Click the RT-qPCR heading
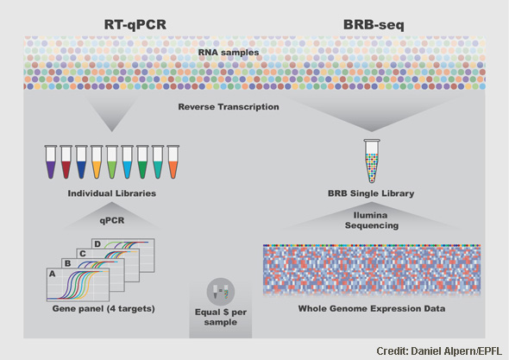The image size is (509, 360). tap(135, 25)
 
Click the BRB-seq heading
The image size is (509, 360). tap(374, 25)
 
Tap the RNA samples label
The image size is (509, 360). tap(229, 53)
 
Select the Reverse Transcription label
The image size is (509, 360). tap(229, 107)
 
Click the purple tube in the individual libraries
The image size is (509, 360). tap(51, 161)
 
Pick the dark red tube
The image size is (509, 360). tap(66, 161)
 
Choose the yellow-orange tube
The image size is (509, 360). tap(97, 161)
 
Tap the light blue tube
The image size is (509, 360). tap(128, 161)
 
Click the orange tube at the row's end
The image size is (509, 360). tap(173, 161)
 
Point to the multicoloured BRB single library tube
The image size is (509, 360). tap(372, 161)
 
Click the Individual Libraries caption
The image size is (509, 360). tap(112, 193)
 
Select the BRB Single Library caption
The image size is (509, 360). tap(371, 193)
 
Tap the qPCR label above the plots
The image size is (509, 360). tap(112, 221)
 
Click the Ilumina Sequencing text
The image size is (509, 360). tap(372, 220)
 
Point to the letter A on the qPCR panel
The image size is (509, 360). tap(52, 274)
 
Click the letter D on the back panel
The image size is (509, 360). tap(97, 244)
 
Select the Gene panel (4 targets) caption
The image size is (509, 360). tap(104, 308)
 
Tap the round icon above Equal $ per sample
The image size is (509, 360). tap(221, 292)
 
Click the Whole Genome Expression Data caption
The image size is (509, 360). tap(372, 308)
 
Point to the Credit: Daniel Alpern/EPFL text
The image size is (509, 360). tap(439, 351)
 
